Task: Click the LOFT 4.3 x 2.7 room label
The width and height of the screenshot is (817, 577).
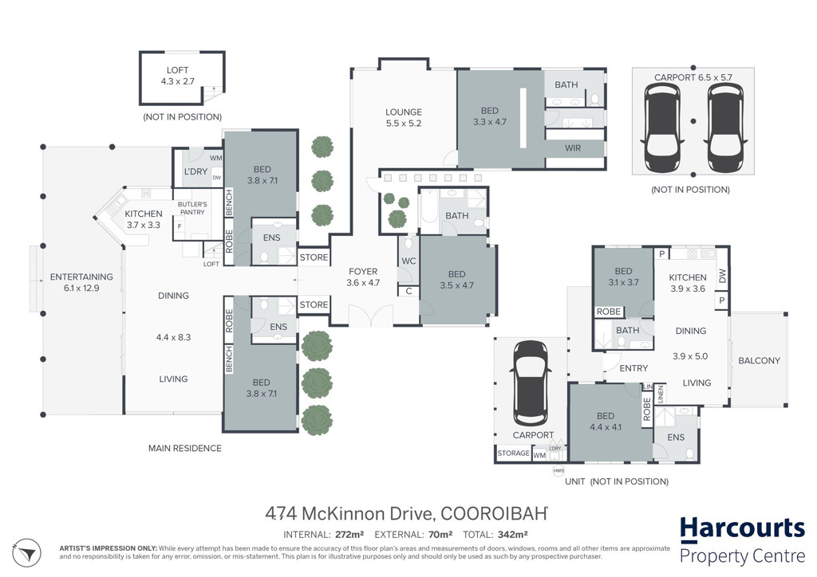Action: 177,76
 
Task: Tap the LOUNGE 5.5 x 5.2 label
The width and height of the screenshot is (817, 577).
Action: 403,118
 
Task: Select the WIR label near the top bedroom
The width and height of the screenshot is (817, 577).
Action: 573,148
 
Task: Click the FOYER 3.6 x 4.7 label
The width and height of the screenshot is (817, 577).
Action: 363,277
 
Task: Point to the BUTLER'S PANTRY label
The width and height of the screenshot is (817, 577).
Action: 192,208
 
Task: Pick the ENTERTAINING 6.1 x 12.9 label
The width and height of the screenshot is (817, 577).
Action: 81,282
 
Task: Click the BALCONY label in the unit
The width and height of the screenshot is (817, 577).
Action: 760,360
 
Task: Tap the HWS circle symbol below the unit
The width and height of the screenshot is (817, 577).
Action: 558,471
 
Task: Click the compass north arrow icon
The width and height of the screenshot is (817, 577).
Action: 26,553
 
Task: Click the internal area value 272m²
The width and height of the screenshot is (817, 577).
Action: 349,534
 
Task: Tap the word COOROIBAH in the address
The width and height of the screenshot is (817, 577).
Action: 494,513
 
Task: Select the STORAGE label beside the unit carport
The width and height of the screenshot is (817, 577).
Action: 513,453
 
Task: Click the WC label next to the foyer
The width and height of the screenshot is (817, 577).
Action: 408,261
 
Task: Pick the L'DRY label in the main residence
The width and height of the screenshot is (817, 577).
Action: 196,171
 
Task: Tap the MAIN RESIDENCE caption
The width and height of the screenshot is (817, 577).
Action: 185,448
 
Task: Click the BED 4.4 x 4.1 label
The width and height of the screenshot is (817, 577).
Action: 606,422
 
